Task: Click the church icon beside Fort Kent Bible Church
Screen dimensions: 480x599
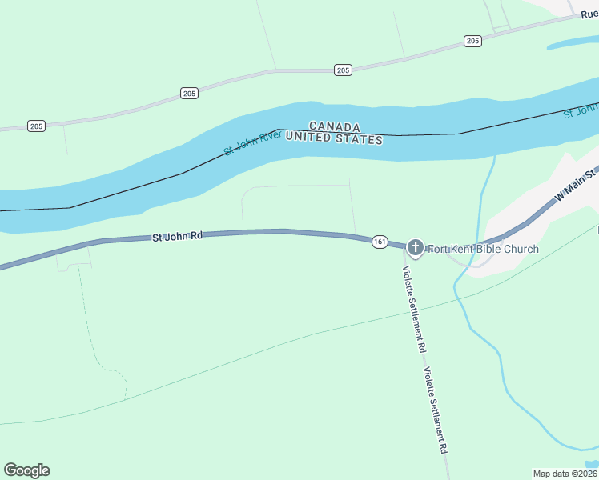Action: point(415,247)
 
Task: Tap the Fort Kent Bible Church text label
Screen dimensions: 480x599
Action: point(482,249)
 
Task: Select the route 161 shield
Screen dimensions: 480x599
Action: point(380,242)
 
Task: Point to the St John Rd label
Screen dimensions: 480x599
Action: point(178,237)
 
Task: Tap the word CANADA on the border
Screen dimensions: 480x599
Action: point(334,127)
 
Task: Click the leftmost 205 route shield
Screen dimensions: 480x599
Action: point(36,126)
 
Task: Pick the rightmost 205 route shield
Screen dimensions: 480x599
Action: point(472,41)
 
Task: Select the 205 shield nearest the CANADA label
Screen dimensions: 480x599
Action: point(343,70)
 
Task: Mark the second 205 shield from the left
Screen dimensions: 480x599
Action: point(189,94)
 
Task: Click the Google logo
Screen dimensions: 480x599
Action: point(26,470)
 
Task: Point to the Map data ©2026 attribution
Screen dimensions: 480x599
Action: point(565,473)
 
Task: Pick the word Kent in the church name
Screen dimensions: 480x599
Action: point(463,249)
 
